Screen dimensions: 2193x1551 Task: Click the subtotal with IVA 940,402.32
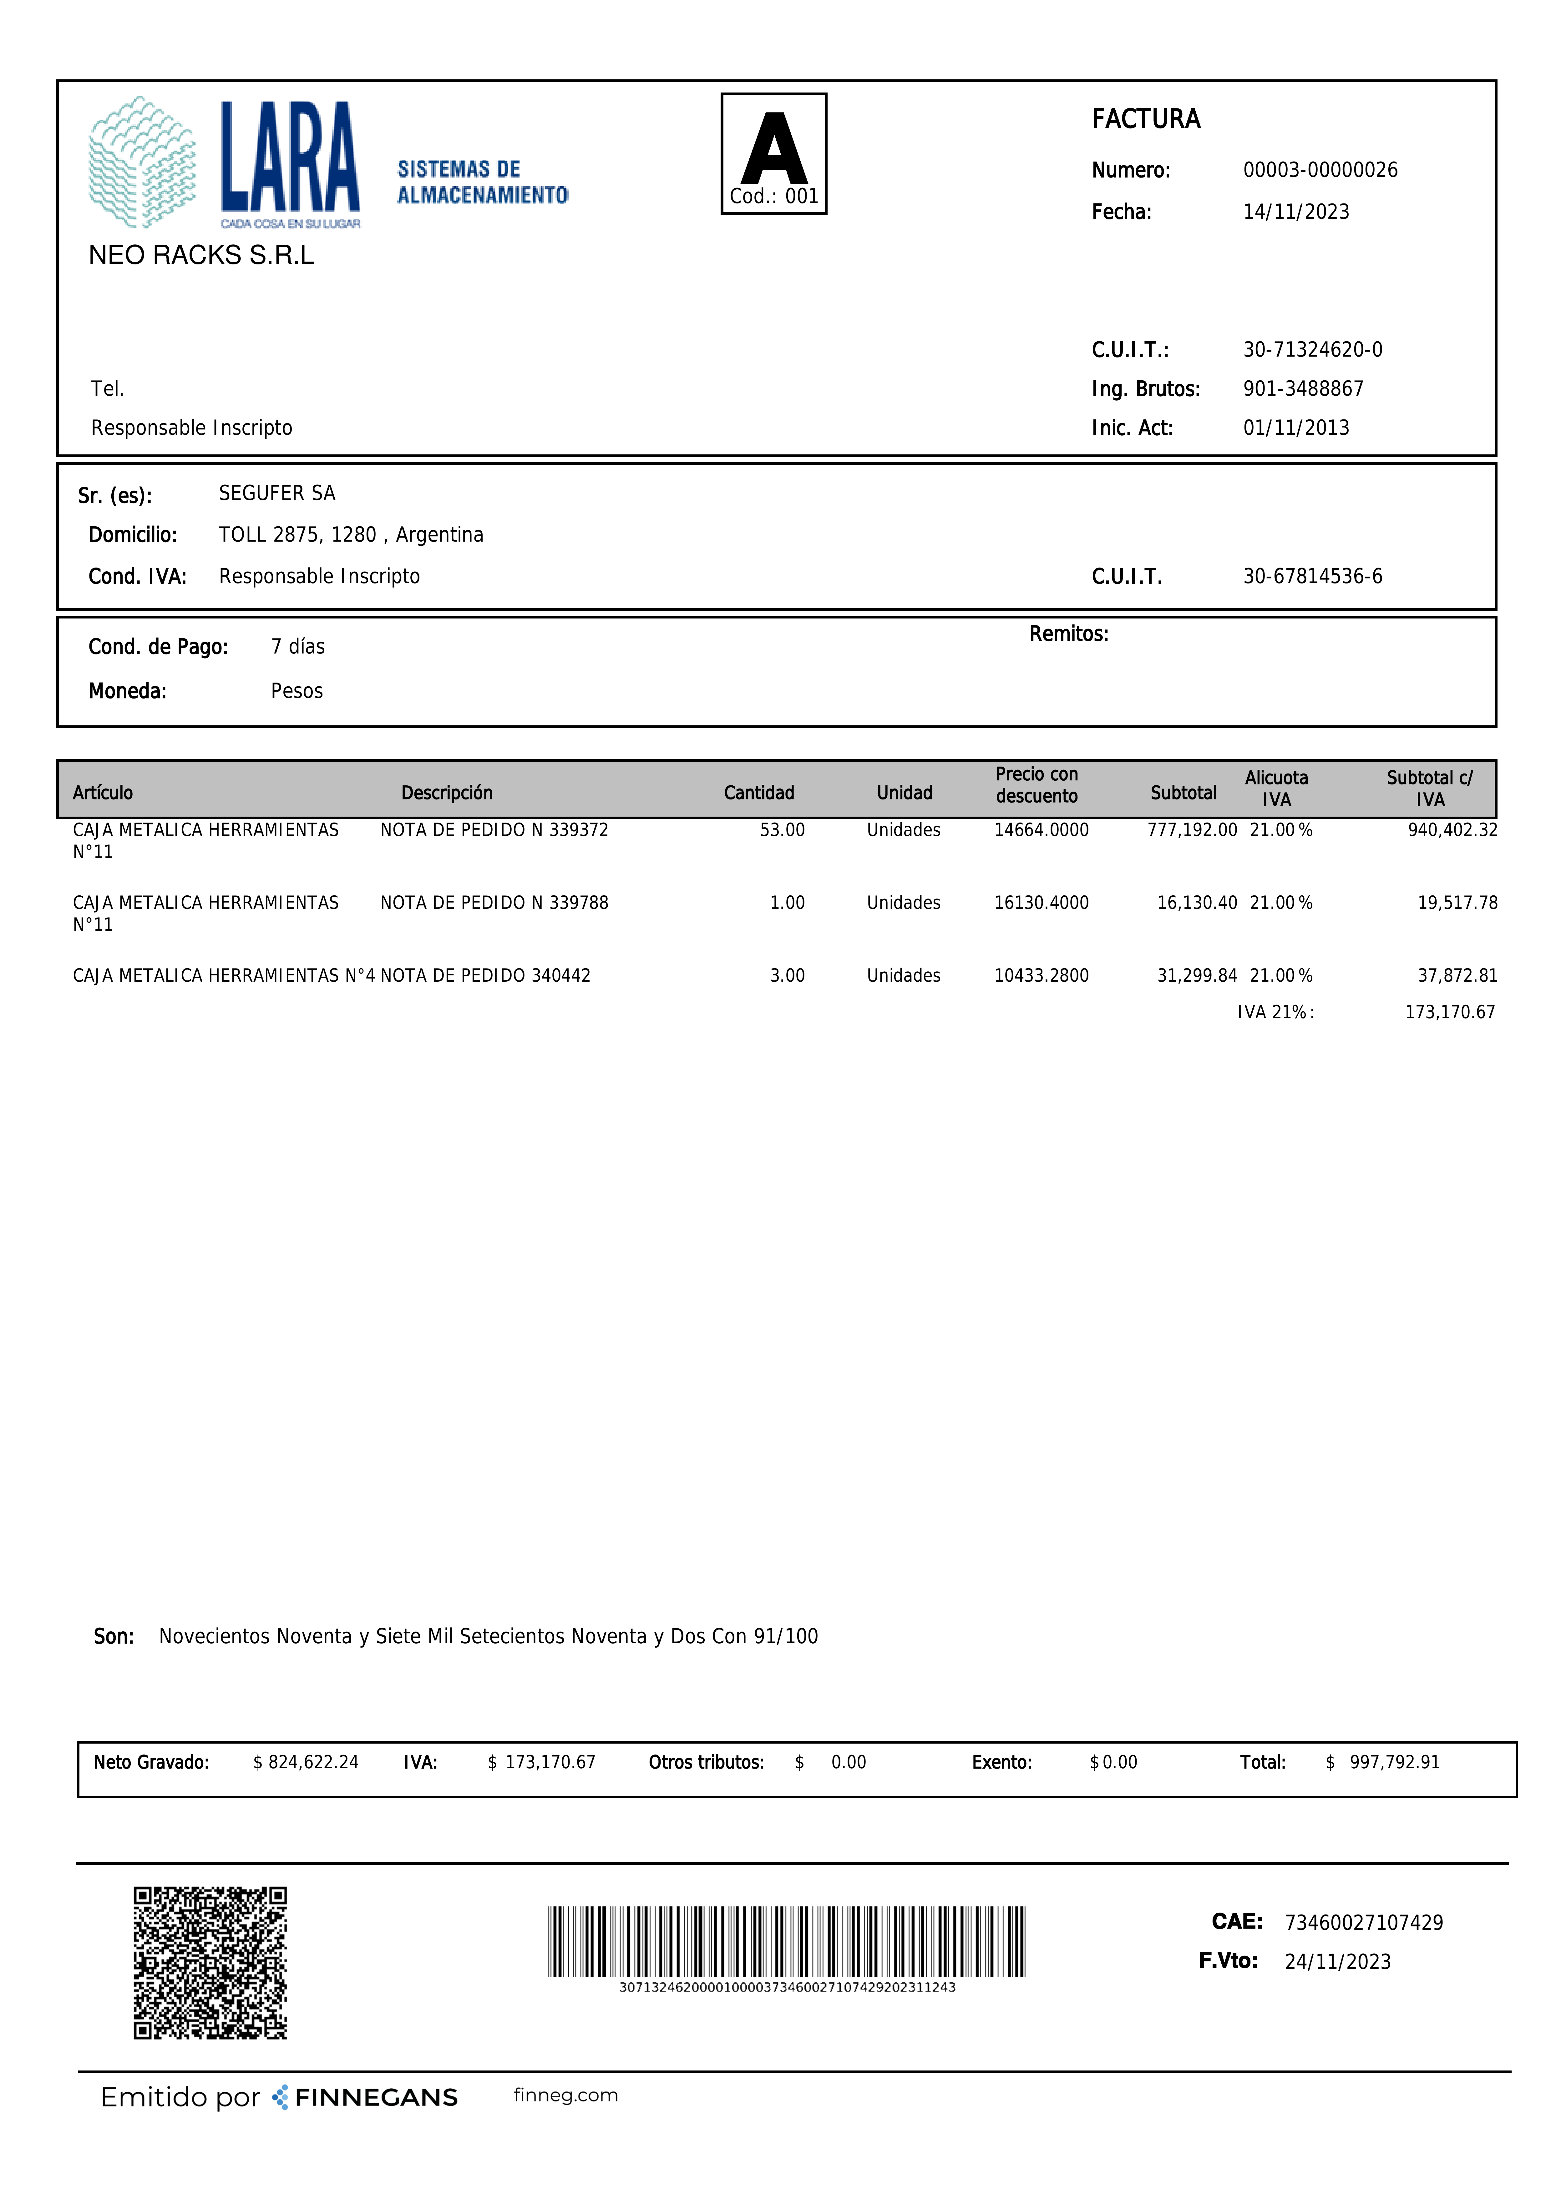1452,830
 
